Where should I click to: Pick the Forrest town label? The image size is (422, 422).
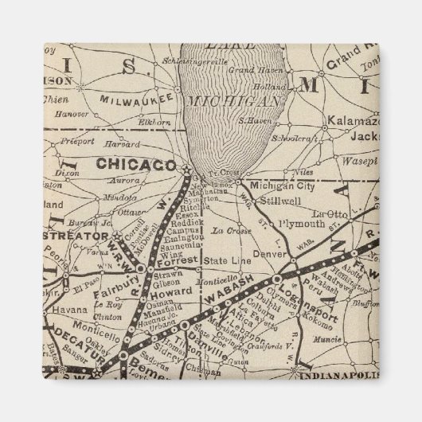click(x=177, y=261)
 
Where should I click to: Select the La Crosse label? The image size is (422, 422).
click(x=228, y=230)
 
